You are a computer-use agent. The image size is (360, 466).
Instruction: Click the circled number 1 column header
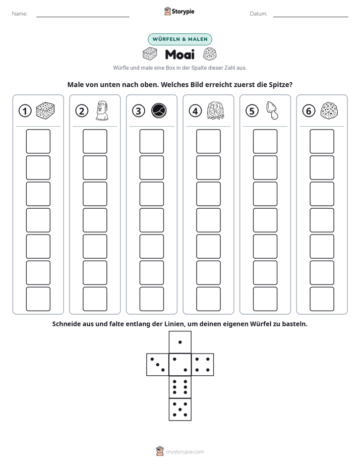point(25,111)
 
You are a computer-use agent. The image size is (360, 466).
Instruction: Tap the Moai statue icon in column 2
point(102,110)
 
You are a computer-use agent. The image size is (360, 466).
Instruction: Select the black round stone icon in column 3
point(159,111)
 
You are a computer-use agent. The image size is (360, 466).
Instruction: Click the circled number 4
point(195,111)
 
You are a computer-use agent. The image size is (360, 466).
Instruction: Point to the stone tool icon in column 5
point(272,110)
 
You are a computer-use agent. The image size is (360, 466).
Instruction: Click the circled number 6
point(309,111)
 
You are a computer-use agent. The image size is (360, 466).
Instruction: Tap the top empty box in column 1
point(38,141)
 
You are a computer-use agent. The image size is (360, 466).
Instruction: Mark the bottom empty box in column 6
point(322,299)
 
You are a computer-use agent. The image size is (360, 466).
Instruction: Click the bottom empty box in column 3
point(151,299)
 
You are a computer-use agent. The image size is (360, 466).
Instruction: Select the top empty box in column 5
point(265,141)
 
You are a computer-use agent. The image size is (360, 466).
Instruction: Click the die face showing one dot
point(180,342)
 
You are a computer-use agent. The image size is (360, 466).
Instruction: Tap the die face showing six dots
point(180,387)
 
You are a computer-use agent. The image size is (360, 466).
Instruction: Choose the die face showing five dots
point(180,409)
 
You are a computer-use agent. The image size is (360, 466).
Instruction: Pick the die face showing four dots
point(202,365)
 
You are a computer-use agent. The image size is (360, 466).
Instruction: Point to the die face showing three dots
point(158,365)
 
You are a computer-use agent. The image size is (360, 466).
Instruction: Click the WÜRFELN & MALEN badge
point(180,39)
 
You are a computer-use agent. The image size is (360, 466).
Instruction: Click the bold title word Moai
point(179,54)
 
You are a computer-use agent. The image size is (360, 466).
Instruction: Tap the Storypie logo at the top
point(179,11)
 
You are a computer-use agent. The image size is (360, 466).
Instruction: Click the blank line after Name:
point(83,17)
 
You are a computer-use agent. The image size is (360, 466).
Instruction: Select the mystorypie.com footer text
point(185,452)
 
